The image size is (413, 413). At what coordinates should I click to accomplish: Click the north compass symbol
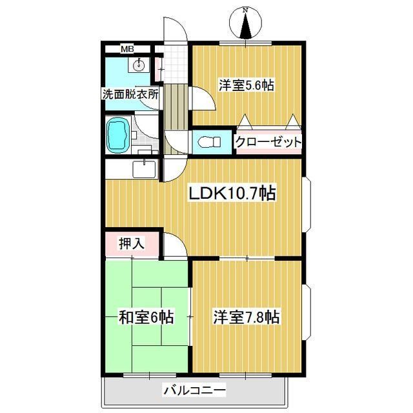pyautogui.click(x=245, y=23)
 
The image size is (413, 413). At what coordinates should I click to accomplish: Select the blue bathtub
pyautogui.click(x=117, y=135)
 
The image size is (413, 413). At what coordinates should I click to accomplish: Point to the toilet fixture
pyautogui.click(x=206, y=142)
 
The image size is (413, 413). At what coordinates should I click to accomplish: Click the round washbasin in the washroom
pyautogui.click(x=139, y=65)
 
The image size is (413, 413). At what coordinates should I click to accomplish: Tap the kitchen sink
pyautogui.click(x=143, y=169)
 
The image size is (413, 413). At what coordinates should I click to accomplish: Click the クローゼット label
pyautogui.click(x=267, y=142)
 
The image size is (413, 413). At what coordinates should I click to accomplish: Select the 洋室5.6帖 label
pyautogui.click(x=246, y=84)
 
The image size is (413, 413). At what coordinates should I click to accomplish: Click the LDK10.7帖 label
pyautogui.click(x=232, y=193)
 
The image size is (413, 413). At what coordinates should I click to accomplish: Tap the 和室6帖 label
pyautogui.click(x=146, y=317)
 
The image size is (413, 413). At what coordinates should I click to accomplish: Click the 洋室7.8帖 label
pyautogui.click(x=246, y=317)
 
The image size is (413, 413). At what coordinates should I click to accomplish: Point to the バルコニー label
pyautogui.click(x=194, y=390)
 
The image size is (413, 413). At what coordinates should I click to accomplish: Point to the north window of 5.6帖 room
pyautogui.click(x=246, y=43)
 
